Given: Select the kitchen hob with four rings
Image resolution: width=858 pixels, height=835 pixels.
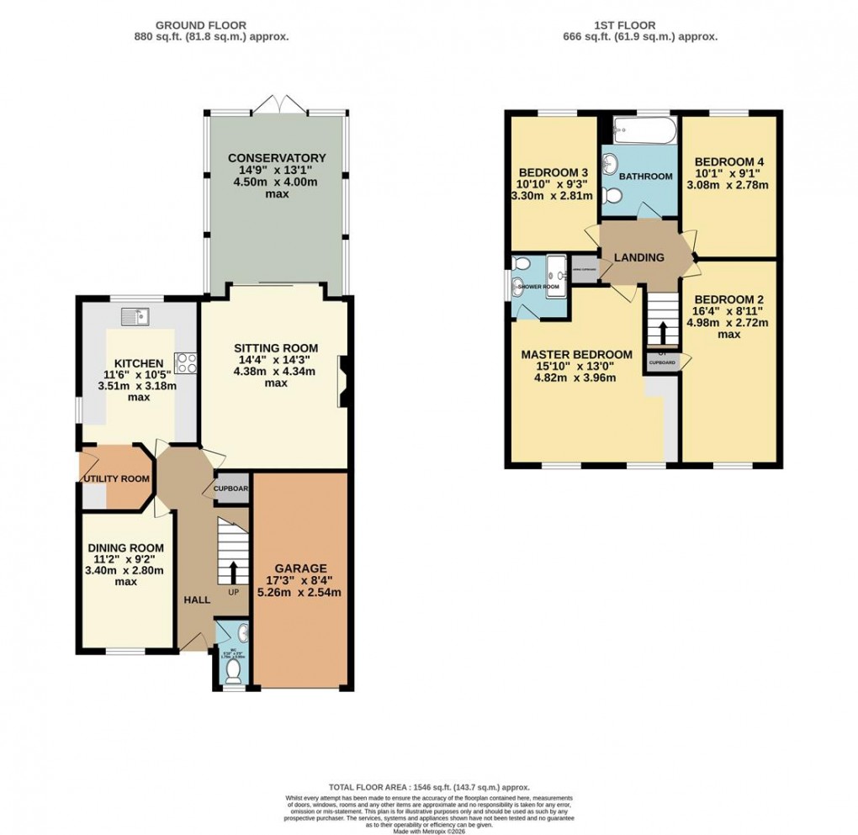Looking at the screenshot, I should (x=185, y=363).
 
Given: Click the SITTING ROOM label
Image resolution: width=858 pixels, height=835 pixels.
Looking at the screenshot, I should (x=275, y=347).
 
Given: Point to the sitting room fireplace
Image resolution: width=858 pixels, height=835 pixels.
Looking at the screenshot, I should (x=343, y=383).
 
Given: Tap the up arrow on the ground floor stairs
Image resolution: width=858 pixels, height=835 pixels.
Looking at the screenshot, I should (x=232, y=574).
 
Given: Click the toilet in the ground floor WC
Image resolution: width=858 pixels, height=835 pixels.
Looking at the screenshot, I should (x=234, y=669).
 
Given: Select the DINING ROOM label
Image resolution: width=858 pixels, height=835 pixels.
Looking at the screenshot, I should (x=125, y=547).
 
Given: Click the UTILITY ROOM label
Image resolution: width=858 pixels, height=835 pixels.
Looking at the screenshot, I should (x=116, y=478).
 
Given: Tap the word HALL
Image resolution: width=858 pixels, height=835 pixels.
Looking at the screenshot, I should (x=196, y=599).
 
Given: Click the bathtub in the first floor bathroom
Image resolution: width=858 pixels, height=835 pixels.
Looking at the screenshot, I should (x=643, y=130).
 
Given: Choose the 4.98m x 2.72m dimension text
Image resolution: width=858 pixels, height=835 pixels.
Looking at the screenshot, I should (x=728, y=323).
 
